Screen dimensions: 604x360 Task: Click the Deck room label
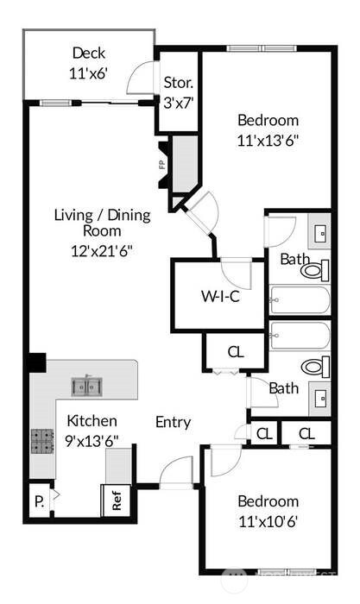(x=89, y=53)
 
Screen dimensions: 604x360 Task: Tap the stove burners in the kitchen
(x=42, y=442)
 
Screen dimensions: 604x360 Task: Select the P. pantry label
(x=39, y=500)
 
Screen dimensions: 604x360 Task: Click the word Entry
(x=173, y=422)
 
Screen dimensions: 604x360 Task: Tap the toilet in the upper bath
(x=315, y=270)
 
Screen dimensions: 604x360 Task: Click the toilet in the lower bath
(x=316, y=366)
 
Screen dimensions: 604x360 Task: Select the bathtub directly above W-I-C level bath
(x=299, y=301)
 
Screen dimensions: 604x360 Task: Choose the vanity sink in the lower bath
(x=320, y=398)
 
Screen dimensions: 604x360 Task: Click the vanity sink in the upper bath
(x=320, y=233)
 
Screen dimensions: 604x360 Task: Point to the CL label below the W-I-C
(x=235, y=351)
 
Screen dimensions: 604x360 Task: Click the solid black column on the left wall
(x=36, y=362)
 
